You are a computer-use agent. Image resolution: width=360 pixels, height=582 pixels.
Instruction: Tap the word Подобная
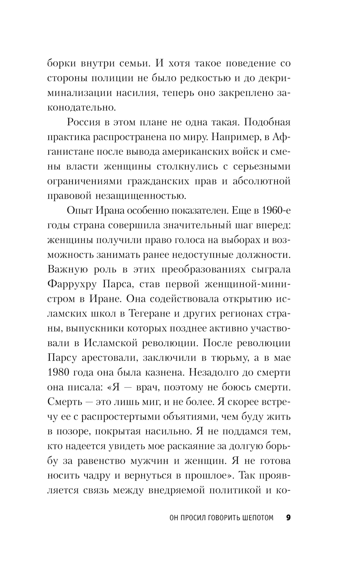tap(267, 122)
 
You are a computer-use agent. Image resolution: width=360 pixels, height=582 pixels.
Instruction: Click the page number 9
tap(288, 518)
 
